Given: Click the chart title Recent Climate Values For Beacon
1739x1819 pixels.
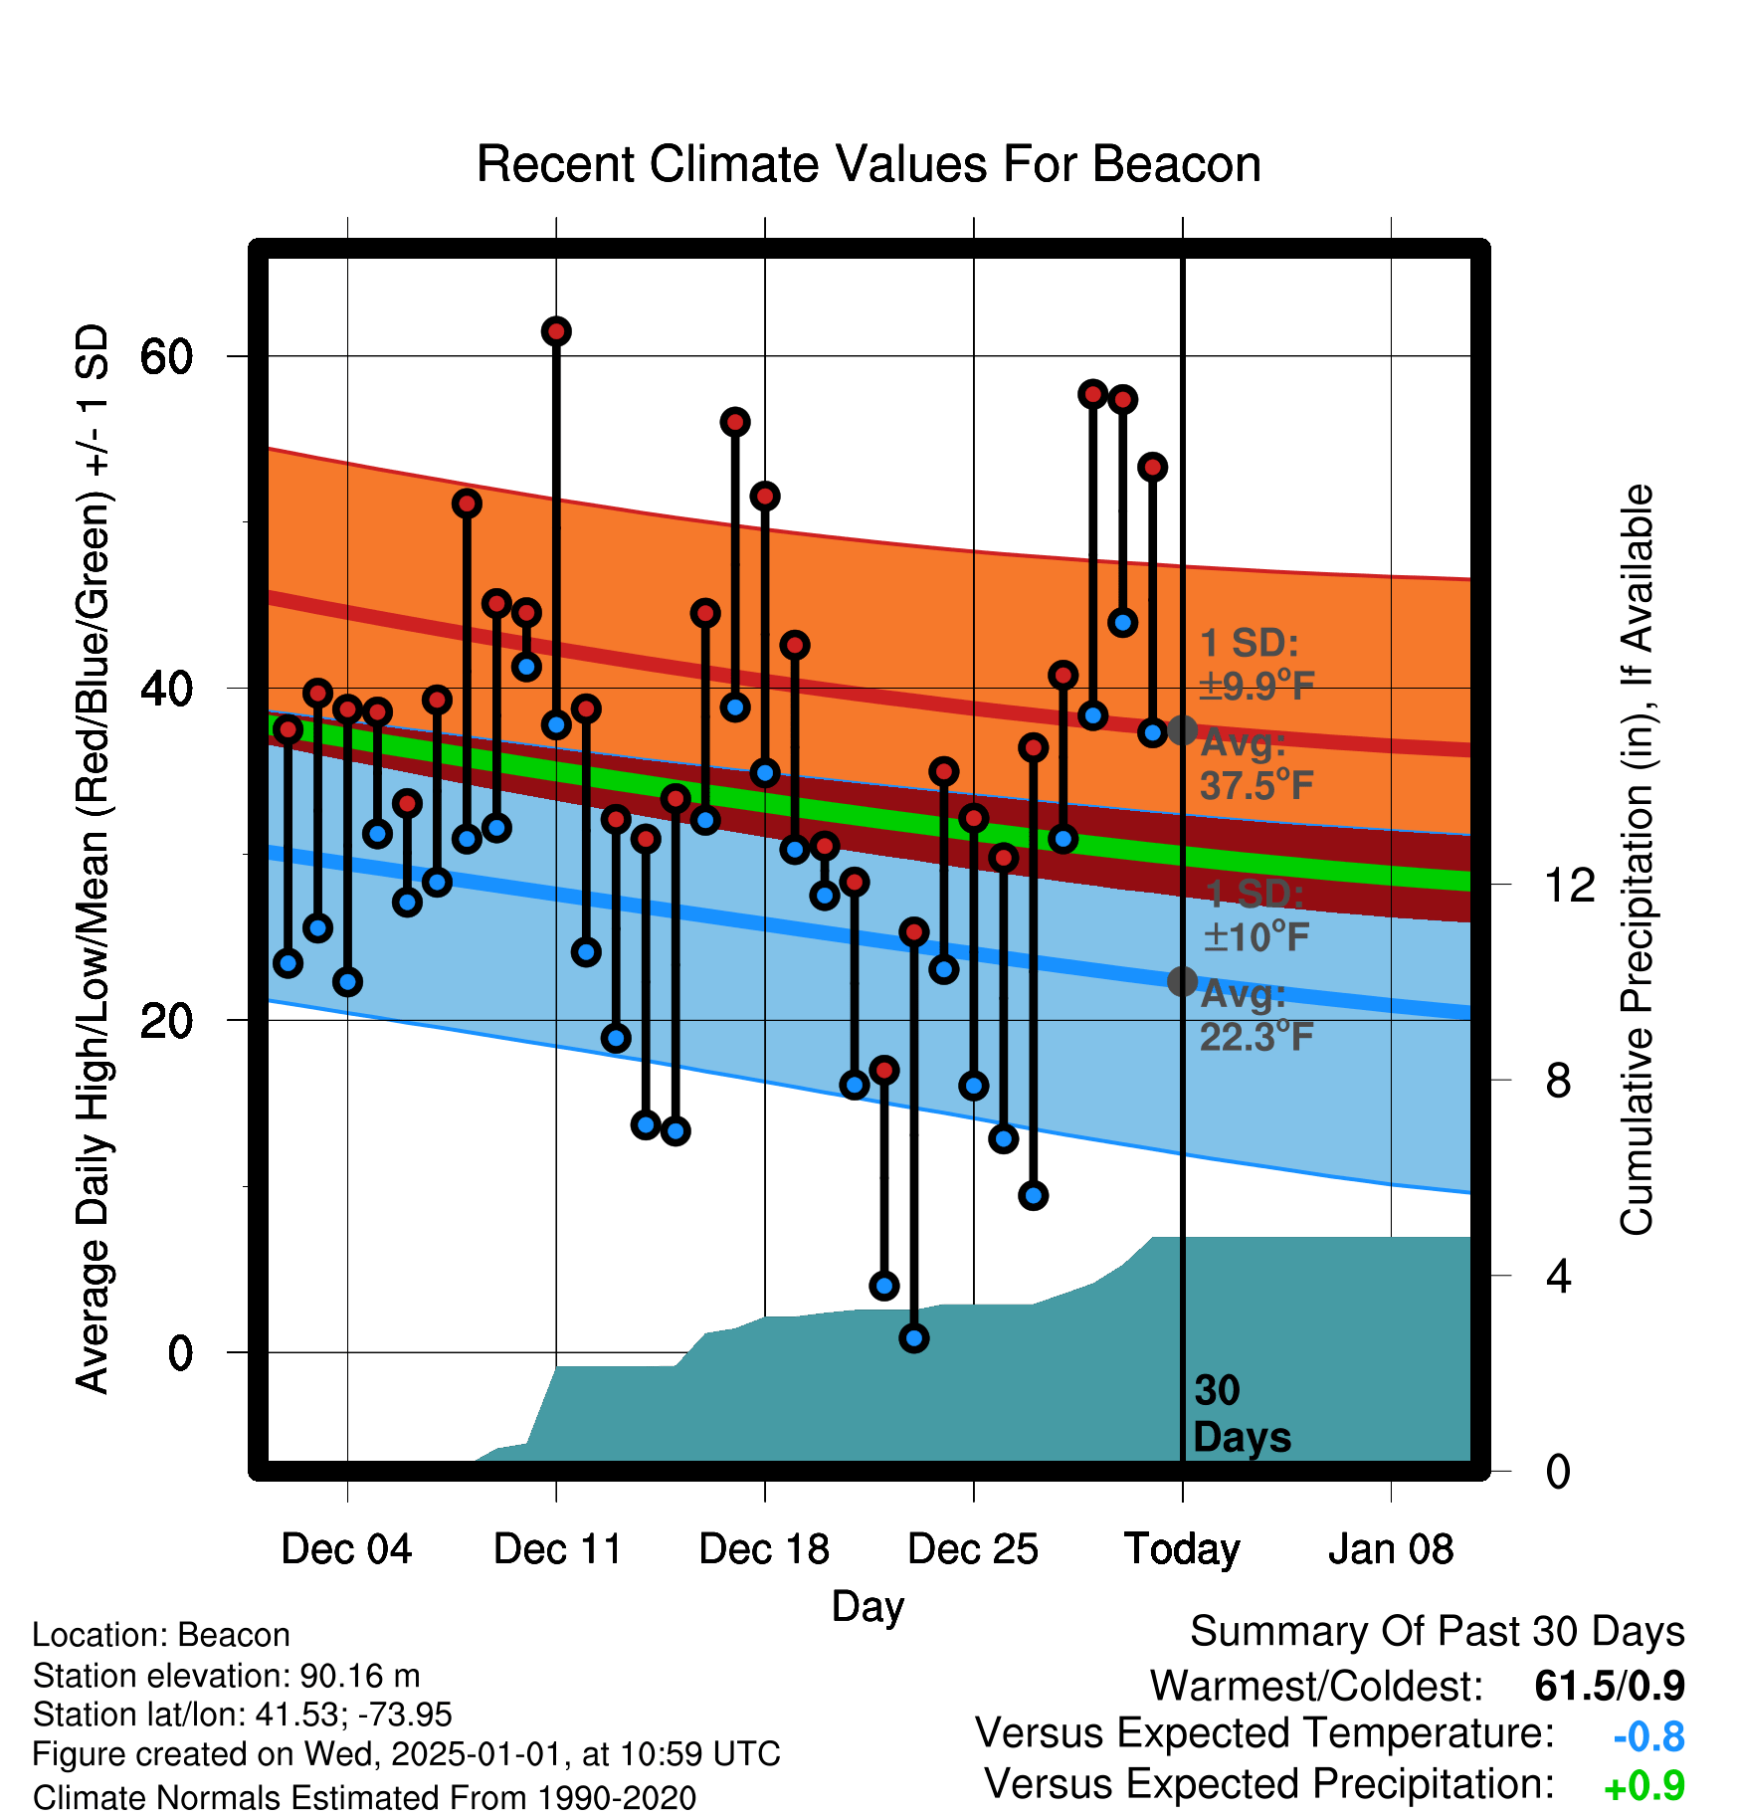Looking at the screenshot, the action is point(869,164).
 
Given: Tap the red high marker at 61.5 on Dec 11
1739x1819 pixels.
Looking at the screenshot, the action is point(556,331).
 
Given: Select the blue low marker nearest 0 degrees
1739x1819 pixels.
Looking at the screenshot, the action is point(914,1338).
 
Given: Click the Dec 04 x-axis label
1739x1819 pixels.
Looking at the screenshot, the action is point(346,1549).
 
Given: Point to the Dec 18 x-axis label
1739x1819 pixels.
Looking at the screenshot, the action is point(764,1549).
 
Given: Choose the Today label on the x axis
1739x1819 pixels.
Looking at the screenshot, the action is point(1182,1550).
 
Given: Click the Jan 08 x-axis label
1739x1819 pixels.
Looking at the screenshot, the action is point(1391,1549).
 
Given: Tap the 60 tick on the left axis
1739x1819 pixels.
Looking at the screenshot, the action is point(166,356).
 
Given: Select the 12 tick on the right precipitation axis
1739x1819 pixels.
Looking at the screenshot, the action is point(1569,885).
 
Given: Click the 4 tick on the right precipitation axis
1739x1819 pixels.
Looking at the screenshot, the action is point(1558,1276).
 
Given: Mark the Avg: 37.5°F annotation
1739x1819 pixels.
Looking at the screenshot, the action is point(1257,764).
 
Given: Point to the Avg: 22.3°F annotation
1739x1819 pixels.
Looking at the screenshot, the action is point(1257,1015).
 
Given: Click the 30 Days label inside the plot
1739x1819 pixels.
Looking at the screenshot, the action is point(1242,1414).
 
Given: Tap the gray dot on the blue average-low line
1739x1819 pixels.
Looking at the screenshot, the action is point(1182,981).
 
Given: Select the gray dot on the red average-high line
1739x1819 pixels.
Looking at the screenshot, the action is point(1182,729).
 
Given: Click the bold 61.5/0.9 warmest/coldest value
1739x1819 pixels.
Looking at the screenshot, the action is point(1610,1686).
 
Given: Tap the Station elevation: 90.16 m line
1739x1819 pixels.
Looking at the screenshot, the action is point(227,1676).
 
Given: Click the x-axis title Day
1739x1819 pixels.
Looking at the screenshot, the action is point(869,1607).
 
